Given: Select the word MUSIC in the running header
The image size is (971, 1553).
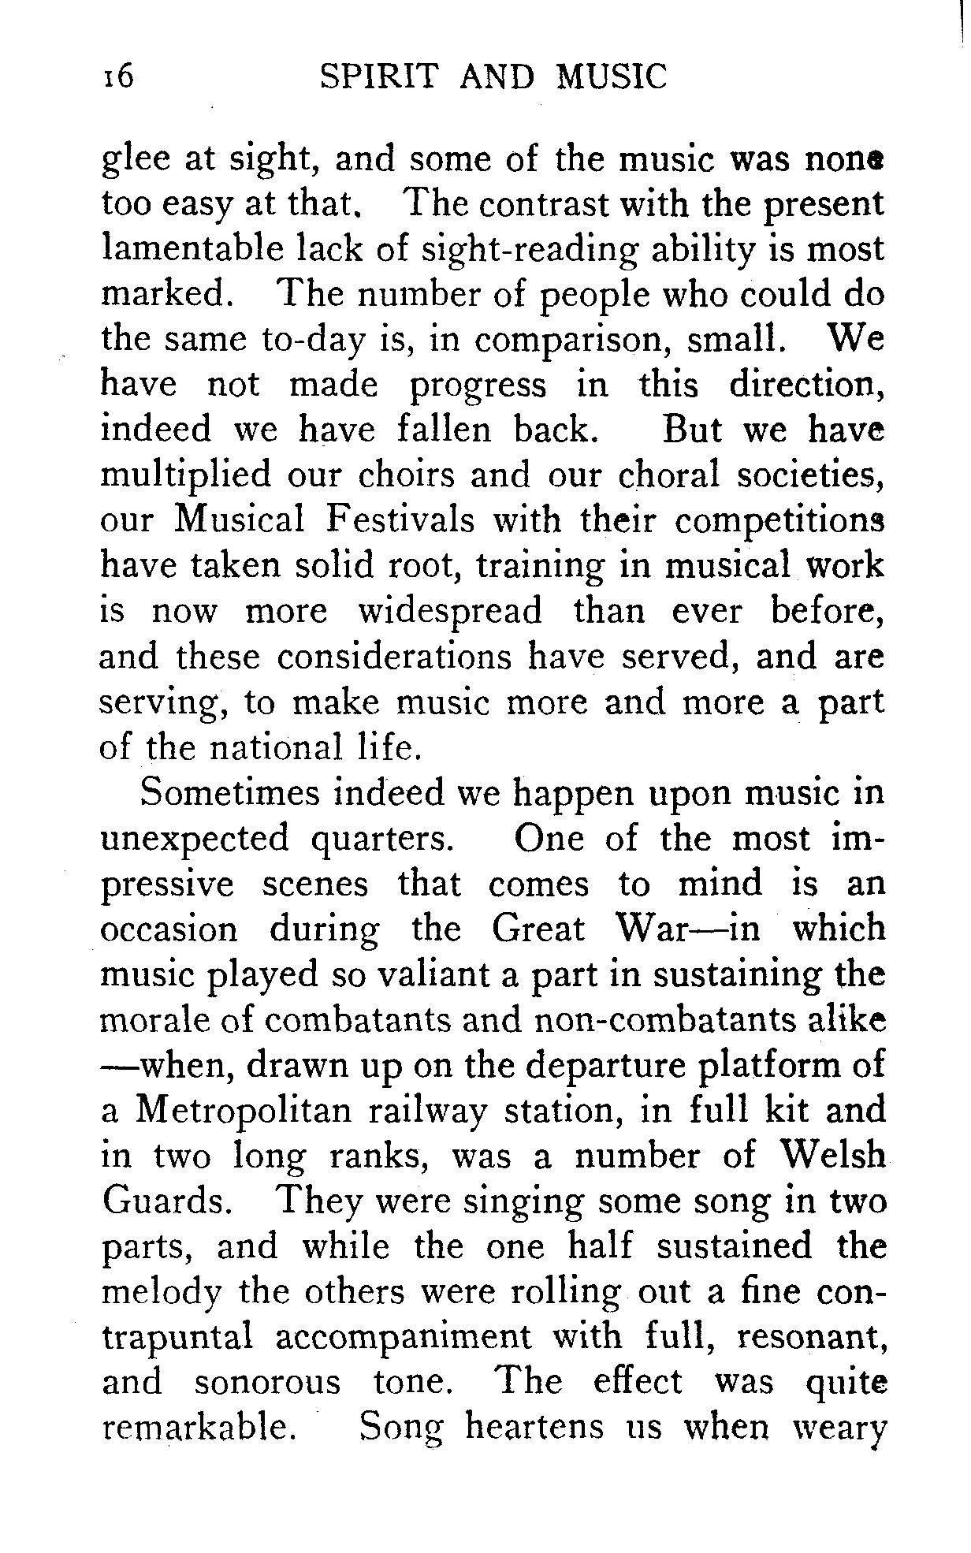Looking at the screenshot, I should pos(612,78).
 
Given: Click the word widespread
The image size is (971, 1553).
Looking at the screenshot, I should pos(450,612).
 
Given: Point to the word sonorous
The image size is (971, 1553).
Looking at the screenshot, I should pos(268,1383).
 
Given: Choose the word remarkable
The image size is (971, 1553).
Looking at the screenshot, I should pos(199,1428).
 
